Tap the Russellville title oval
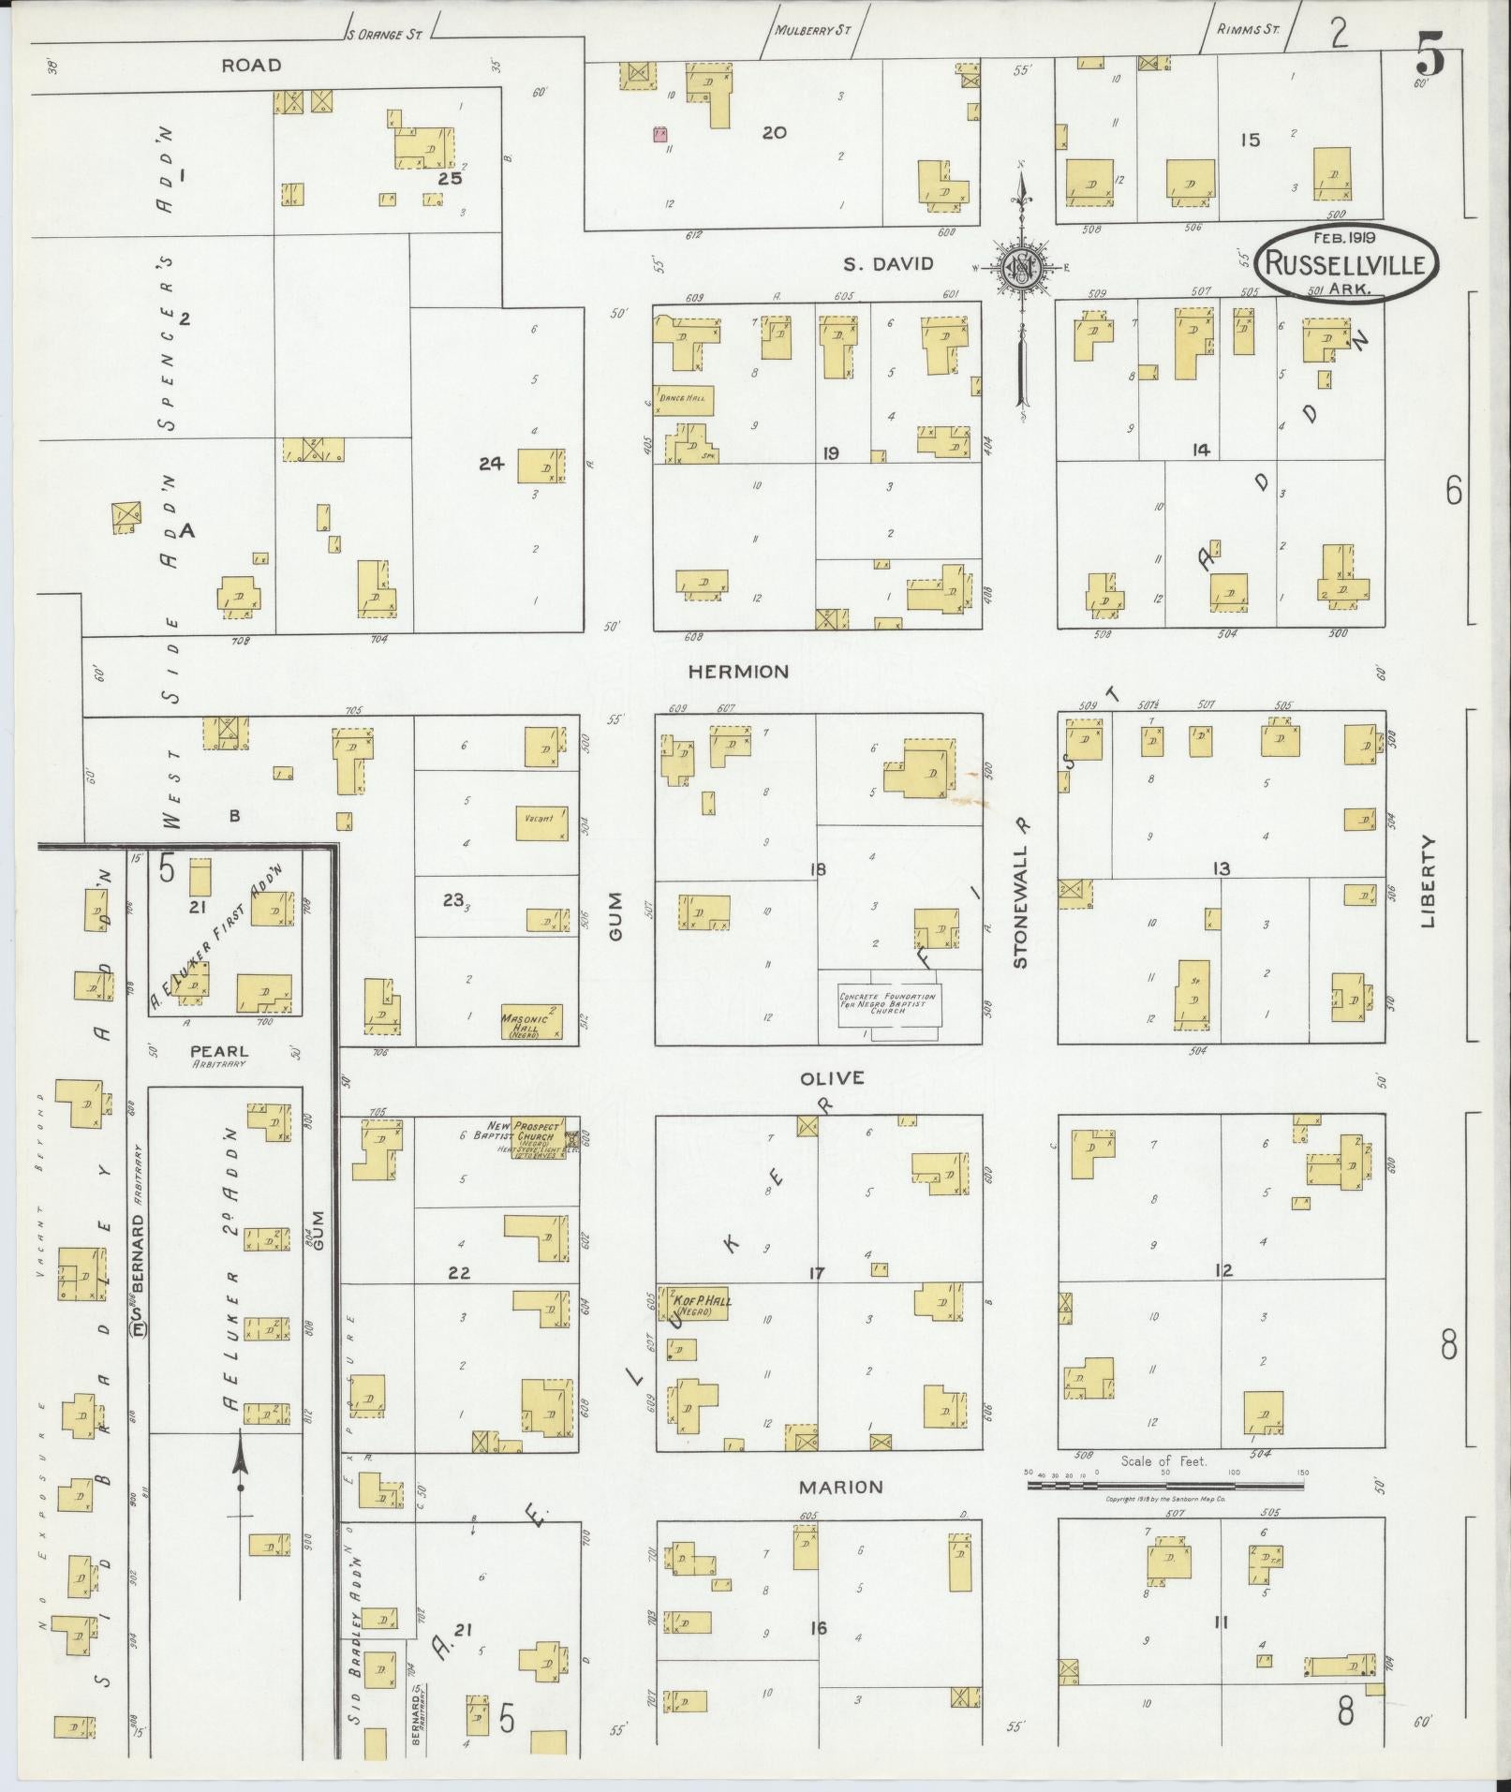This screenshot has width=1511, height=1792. coord(1345,263)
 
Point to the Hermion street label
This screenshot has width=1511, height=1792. coord(738,671)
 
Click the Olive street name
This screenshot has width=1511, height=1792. coord(832,1078)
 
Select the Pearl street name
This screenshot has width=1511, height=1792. coord(219,1052)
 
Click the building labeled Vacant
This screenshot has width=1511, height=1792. coord(541,822)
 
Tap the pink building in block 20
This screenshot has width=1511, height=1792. coord(660,133)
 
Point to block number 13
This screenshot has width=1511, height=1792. coord(1221,868)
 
